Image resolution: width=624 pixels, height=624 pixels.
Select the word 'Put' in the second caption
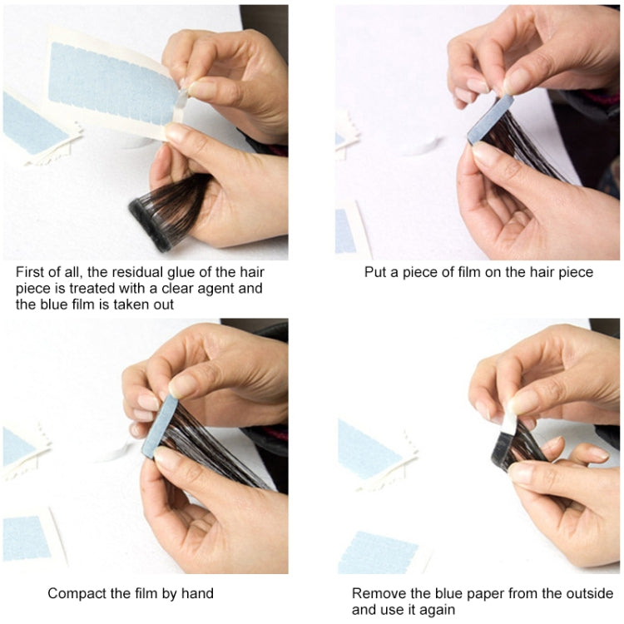376,272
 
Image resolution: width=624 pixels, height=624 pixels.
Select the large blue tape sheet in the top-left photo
112,79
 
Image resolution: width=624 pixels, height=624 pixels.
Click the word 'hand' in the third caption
196,593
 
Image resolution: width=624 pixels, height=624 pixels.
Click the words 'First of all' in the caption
45,272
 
